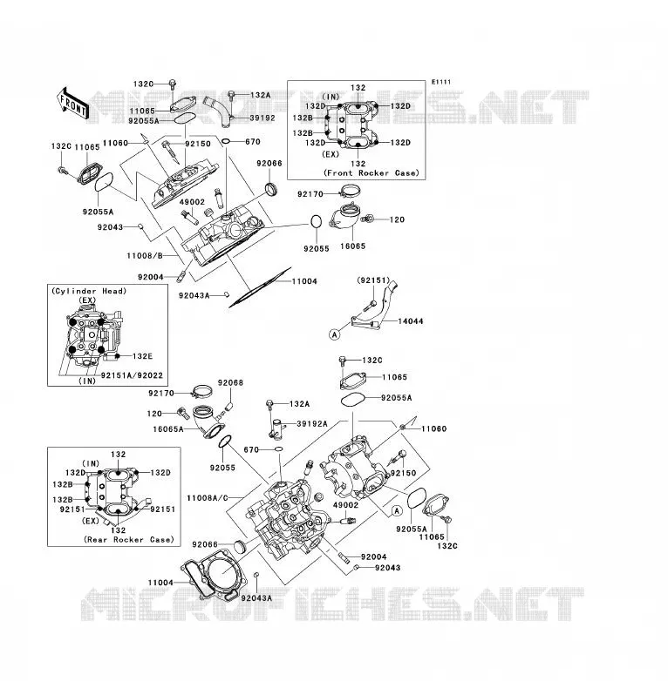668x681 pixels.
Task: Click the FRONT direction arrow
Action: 73,104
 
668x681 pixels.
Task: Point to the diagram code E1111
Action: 441,82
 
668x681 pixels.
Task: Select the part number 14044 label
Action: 411,321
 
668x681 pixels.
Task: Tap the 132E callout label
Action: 143,356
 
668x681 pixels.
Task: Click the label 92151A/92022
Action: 132,375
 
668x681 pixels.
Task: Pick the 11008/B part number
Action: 145,256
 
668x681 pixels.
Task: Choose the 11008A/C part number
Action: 207,498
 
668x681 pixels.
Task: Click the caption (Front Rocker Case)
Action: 371,172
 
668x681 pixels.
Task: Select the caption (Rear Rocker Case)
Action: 129,539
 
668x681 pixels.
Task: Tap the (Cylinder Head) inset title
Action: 89,291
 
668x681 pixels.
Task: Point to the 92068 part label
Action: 230,382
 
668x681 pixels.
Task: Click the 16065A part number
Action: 168,429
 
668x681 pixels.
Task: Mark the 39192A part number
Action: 312,424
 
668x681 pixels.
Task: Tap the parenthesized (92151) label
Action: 373,280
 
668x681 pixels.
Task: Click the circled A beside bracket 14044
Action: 334,334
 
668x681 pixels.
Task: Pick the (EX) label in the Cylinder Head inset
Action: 87,300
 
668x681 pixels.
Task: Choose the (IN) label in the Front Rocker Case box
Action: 331,97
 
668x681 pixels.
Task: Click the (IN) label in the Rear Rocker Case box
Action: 91,463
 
